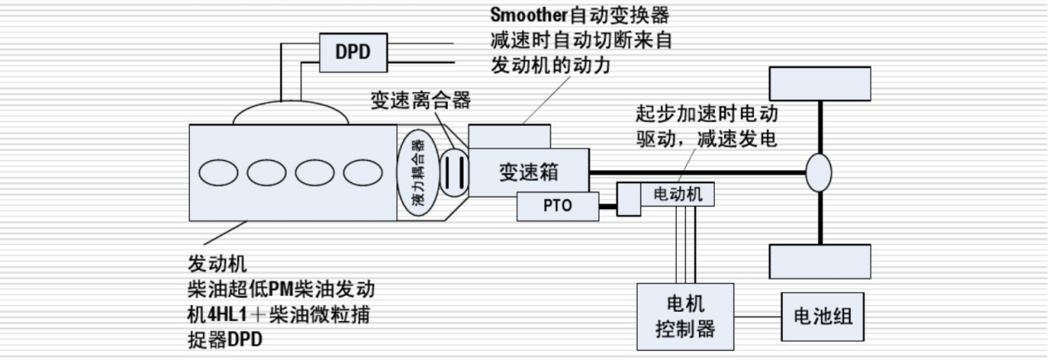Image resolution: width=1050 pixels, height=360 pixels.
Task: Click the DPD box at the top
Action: point(351,51)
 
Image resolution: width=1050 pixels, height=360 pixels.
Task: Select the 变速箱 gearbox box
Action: point(527,172)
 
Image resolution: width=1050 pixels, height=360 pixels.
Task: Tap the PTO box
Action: point(557,206)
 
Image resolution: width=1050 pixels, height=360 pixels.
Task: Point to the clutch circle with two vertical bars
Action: point(452,173)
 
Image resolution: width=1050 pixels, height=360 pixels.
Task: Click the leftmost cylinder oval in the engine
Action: point(218,172)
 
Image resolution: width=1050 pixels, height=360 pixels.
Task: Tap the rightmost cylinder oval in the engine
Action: point(361,172)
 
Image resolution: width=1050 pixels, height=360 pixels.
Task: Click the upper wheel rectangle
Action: point(819,83)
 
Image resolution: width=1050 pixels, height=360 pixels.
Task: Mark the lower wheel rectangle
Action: point(819,261)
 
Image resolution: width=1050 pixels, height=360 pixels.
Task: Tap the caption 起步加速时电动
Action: point(706,114)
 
